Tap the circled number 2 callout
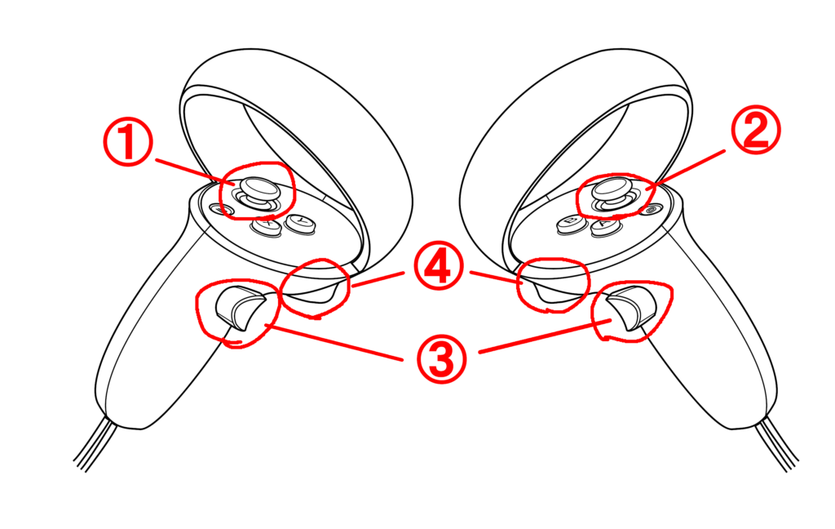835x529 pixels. [756, 130]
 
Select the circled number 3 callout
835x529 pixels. [442, 359]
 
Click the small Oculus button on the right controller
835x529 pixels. [651, 210]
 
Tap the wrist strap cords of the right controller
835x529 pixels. [777, 443]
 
